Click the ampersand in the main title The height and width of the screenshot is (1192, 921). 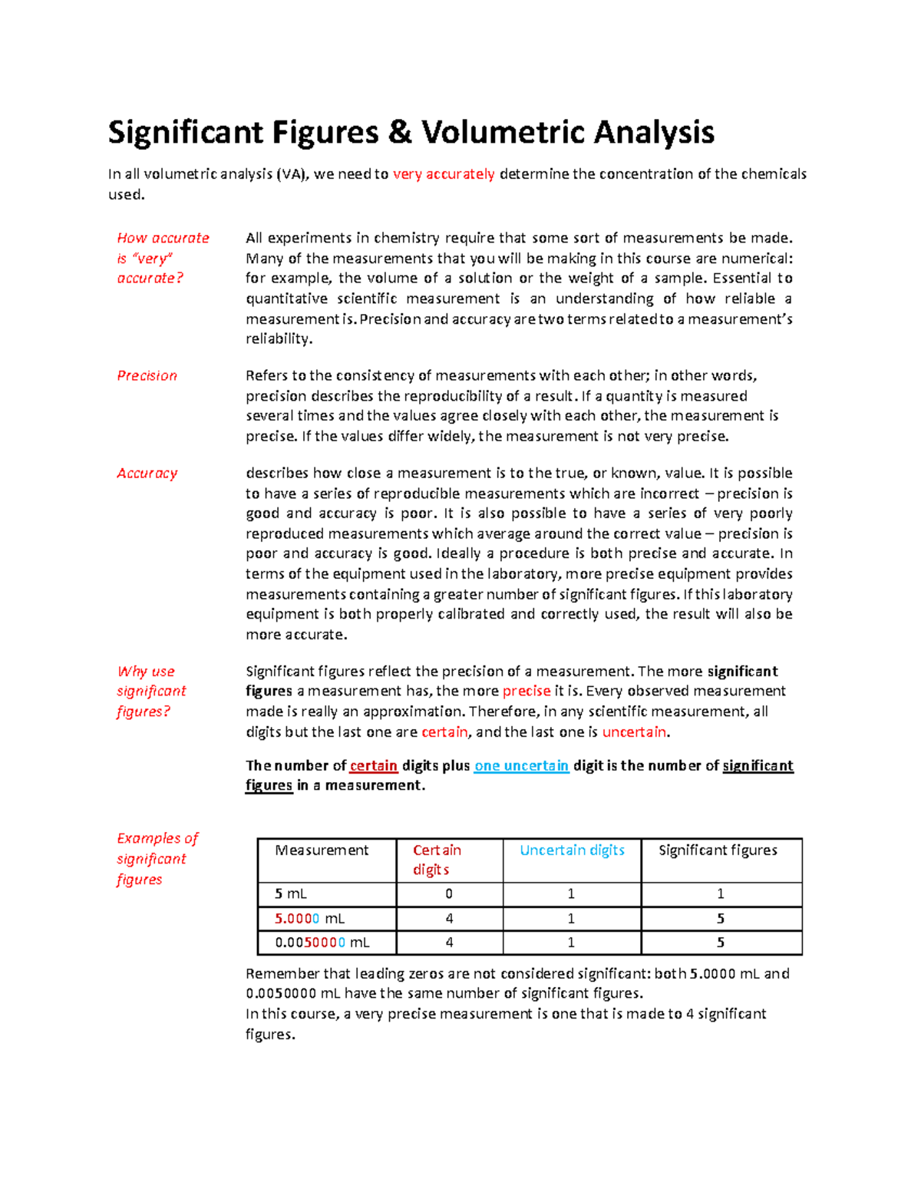click(399, 133)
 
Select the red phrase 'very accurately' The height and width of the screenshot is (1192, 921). click(444, 174)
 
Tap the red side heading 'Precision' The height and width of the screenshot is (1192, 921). click(147, 375)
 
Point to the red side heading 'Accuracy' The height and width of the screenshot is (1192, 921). click(147, 474)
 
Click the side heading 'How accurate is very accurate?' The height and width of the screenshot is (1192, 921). click(162, 258)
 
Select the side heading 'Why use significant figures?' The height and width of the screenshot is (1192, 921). click(151, 691)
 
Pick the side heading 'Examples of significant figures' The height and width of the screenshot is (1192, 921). click(157, 859)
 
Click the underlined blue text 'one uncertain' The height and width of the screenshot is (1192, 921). click(521, 765)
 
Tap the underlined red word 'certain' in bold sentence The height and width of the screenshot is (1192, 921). click(373, 765)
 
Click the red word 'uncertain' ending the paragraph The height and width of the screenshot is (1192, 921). click(634, 732)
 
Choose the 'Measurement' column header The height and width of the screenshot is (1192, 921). click(322, 850)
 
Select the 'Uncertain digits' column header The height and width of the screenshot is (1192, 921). click(572, 850)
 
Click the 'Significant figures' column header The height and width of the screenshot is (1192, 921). click(718, 850)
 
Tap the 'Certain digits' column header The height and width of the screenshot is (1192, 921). click(437, 860)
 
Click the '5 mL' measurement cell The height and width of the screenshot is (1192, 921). click(291, 894)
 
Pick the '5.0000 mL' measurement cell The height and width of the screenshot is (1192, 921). click(309, 919)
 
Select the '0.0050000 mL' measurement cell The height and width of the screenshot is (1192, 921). click(322, 943)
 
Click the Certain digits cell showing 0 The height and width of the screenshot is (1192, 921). click(449, 894)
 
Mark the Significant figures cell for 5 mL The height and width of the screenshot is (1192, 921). click(721, 894)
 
